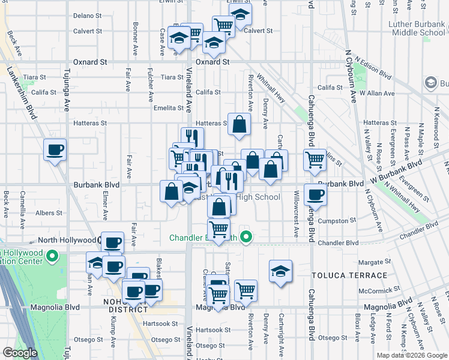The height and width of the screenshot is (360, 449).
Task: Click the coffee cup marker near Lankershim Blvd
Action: tap(55, 149)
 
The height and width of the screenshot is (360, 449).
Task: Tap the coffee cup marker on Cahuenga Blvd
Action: tap(315, 194)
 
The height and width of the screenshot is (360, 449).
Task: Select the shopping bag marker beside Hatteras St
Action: tap(239, 125)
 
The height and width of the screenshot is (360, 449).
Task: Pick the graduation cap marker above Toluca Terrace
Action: tap(280, 271)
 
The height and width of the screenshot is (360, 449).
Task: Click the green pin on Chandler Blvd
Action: tap(246, 238)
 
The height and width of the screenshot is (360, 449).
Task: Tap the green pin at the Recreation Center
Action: tap(52, 258)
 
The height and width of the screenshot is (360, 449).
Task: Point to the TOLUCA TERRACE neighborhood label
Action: tap(349, 275)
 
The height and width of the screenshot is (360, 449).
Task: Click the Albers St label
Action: tap(49, 213)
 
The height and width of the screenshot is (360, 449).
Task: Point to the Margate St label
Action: tap(370, 262)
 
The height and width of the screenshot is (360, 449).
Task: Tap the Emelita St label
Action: tap(168, 108)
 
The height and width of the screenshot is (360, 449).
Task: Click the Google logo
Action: tap(20, 353)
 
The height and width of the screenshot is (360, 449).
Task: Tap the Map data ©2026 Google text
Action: tap(411, 355)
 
